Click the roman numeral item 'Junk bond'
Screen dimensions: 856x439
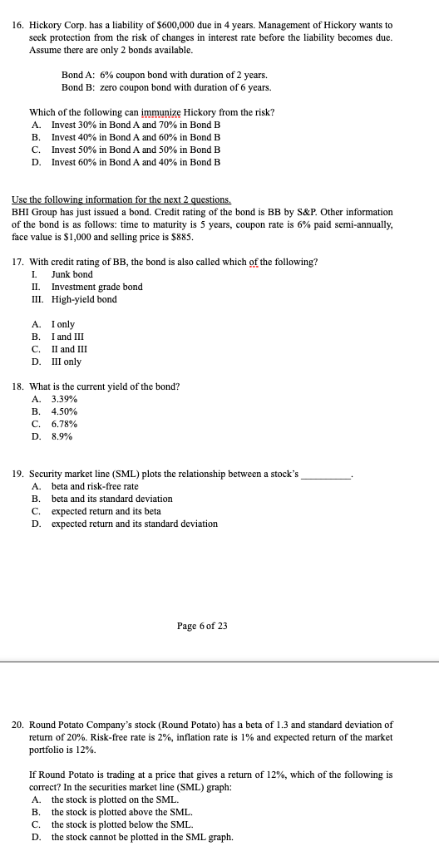(x=72, y=274)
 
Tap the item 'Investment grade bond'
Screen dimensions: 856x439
(x=96, y=287)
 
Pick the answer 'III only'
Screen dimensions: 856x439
(x=66, y=362)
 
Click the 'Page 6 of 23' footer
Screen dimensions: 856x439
(x=202, y=626)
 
